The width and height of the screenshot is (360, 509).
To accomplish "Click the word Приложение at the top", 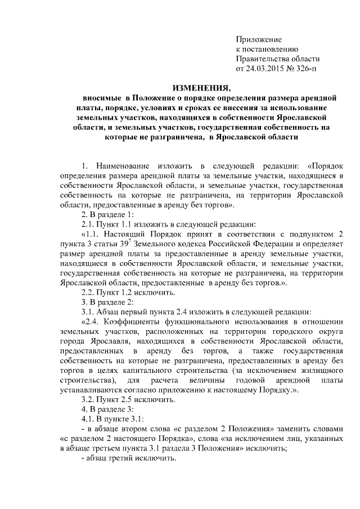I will (x=258, y=39).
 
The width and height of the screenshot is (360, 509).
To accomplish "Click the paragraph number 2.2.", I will (x=90, y=292).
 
